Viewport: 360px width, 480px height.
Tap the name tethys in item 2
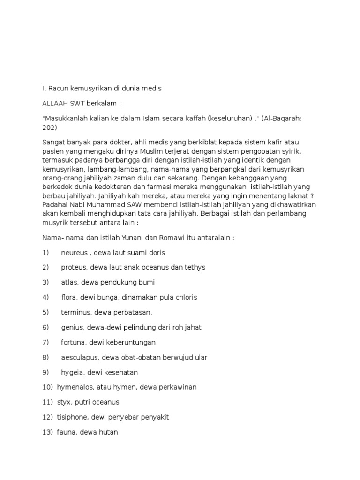coord(195,268)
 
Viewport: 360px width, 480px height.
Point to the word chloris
coord(186,298)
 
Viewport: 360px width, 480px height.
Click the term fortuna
coord(73,343)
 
